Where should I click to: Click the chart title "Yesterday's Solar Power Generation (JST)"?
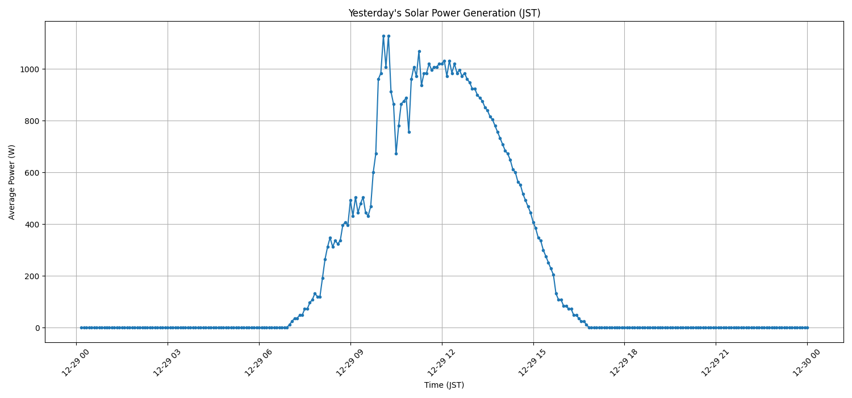tap(444, 13)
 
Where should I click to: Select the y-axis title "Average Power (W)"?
tap(12, 182)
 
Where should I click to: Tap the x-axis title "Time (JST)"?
tap(444, 385)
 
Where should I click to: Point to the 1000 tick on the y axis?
tap(30, 69)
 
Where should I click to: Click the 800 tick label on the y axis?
tap(32, 121)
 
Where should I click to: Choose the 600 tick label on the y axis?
tap(32, 173)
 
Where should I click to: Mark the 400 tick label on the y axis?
tap(32, 225)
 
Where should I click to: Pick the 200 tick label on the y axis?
tap(32, 276)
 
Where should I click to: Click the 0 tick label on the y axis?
tap(37, 328)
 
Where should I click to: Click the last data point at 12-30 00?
tap(807, 327)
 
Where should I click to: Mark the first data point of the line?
tap(81, 327)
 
